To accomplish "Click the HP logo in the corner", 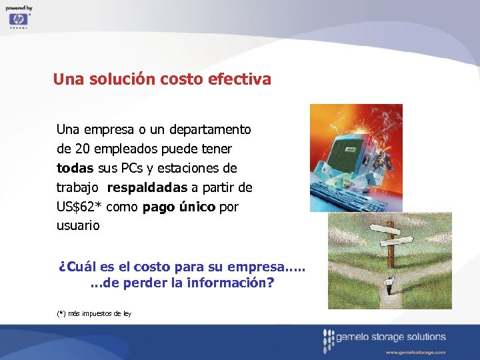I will (18, 19).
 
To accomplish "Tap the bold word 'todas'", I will (75, 167).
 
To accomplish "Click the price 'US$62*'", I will (79, 207).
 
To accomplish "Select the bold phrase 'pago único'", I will (179, 207).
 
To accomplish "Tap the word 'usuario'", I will (78, 225).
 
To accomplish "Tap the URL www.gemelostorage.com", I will (415, 351).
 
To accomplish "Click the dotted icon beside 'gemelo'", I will (327, 341).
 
